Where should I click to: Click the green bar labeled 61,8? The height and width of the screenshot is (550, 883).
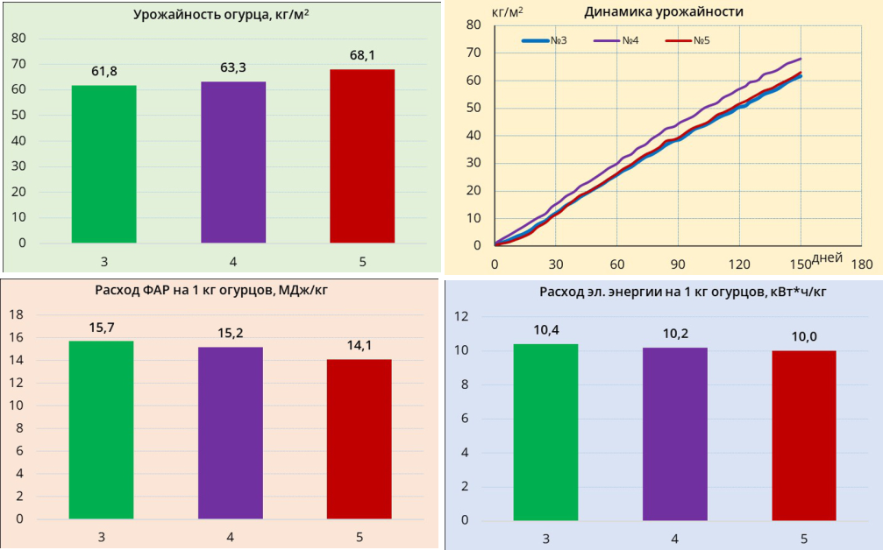(103, 164)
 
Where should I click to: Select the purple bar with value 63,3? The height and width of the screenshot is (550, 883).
(233, 162)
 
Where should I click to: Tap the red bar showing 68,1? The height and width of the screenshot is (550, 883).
(362, 156)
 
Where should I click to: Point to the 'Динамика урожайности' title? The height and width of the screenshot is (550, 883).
(663, 11)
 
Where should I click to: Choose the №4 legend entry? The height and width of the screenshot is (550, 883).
(617, 40)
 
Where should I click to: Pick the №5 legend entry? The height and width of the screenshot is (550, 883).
(688, 40)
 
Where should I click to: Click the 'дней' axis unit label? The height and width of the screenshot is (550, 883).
(828, 257)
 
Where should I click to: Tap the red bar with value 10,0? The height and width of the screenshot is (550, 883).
(803, 435)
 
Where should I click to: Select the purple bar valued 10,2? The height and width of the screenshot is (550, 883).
(674, 434)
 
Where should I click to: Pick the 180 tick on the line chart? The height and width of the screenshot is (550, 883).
(862, 264)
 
